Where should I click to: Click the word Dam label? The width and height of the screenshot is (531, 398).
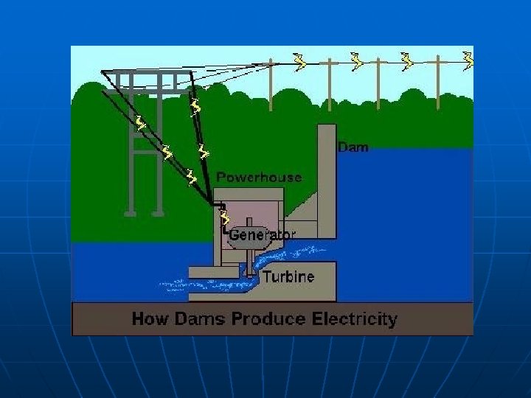(x=353, y=147)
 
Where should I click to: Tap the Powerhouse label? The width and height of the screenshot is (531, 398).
(x=259, y=178)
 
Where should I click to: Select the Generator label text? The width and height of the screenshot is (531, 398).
(x=263, y=234)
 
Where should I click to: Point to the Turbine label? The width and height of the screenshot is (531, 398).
(x=289, y=277)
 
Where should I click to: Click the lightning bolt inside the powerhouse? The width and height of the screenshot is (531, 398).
(x=225, y=217)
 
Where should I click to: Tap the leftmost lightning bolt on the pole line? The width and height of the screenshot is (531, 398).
(x=299, y=62)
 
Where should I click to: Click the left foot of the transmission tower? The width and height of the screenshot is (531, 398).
(x=131, y=212)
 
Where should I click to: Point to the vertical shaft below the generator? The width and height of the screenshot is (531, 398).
(x=251, y=262)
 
